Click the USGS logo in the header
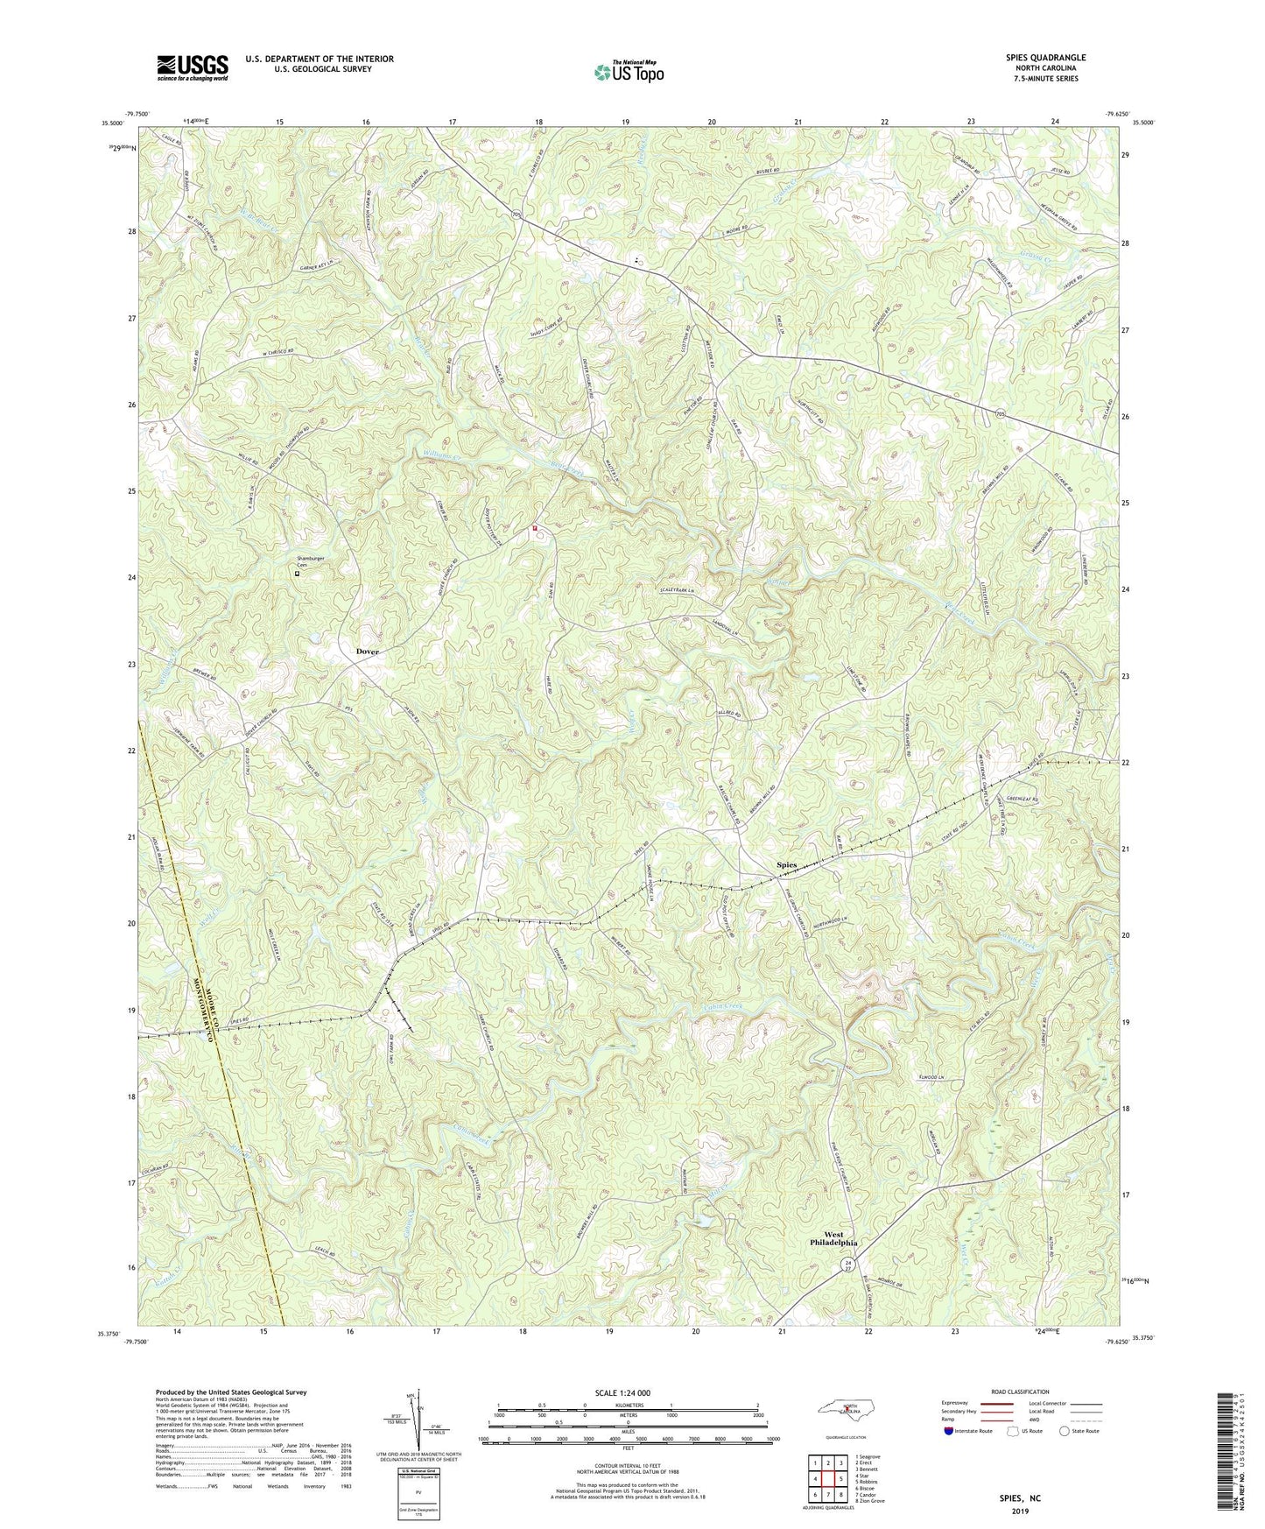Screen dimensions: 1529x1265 coord(192,67)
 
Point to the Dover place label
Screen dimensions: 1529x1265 coord(368,652)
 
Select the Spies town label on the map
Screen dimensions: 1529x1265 coord(787,865)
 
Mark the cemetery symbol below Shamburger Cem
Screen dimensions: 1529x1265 coord(296,574)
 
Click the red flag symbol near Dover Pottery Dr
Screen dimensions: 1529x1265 coord(535,529)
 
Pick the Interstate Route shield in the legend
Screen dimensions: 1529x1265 coord(948,1432)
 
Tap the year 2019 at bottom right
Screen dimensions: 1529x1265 coord(1020,1511)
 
